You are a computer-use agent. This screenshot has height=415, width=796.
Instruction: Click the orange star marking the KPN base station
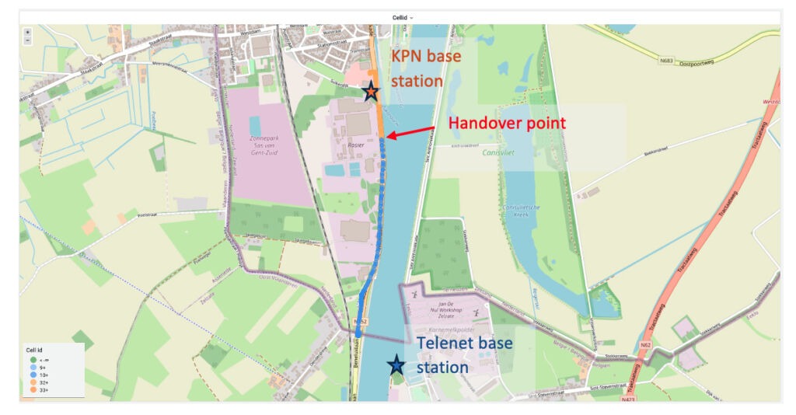(372, 91)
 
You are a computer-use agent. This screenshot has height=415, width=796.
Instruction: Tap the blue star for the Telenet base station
(396, 364)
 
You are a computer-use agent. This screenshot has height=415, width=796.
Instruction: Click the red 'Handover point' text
(508, 123)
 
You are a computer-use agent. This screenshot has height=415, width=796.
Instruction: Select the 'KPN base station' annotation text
(426, 68)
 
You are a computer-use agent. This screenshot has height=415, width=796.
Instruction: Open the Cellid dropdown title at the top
(400, 17)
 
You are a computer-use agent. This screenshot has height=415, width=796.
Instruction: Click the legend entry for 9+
(41, 367)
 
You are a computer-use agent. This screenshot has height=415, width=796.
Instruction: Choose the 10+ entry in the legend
(42, 375)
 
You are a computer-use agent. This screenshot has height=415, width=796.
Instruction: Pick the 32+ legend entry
(42, 383)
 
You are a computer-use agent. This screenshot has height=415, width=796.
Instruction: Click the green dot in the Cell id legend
(33, 359)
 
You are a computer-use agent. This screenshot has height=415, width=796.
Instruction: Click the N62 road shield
(644, 344)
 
